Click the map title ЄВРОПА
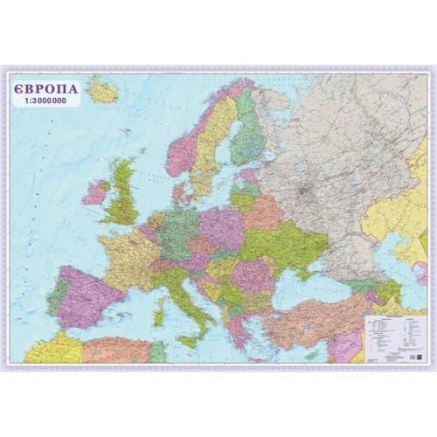(46, 88)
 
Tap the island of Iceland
(102, 90)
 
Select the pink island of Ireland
(95, 192)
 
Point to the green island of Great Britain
(123, 192)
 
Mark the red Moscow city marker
(303, 189)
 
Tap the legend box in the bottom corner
(392, 337)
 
